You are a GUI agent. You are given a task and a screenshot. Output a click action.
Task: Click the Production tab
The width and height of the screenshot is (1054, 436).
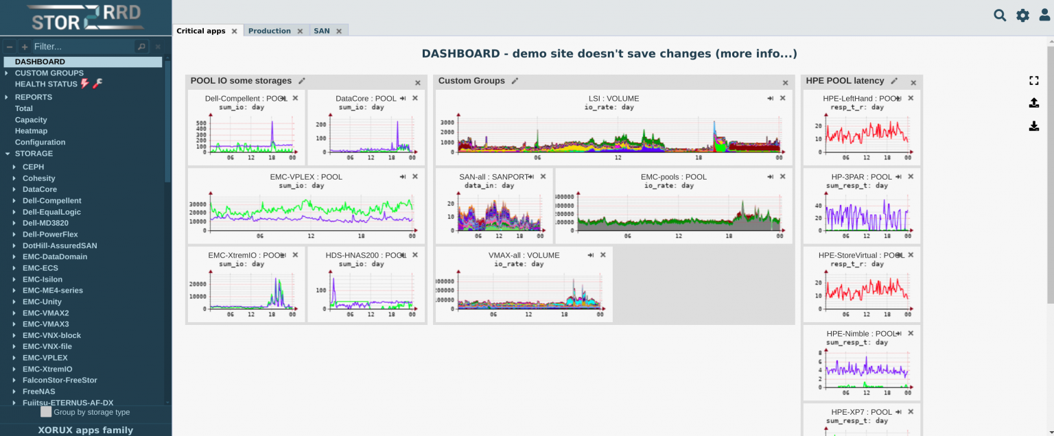(269, 31)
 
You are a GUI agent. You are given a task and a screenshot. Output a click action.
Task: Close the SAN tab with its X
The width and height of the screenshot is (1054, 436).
(339, 31)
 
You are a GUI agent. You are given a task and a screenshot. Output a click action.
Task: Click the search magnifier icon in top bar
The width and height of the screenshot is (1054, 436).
(1000, 15)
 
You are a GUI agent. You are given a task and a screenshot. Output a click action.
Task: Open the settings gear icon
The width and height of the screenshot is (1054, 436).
(1022, 15)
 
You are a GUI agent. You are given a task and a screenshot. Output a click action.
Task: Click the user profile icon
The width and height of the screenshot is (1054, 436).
(1044, 15)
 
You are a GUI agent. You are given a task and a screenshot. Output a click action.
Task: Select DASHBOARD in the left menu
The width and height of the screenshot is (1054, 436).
(40, 62)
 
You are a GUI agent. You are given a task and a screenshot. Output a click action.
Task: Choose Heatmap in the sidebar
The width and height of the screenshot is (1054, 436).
(31, 131)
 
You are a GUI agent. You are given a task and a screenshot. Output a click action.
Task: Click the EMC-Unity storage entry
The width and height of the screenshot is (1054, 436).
(42, 302)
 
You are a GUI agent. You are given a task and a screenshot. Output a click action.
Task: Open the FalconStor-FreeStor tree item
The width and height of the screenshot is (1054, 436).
(60, 380)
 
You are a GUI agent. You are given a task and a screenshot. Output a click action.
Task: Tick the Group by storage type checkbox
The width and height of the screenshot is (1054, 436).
(46, 412)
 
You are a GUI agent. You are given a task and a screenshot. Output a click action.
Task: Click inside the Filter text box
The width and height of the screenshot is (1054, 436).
(82, 47)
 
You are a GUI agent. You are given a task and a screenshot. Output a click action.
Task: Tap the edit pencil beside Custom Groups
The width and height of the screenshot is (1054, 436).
(515, 81)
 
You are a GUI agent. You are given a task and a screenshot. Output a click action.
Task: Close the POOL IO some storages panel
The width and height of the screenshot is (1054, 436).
(418, 83)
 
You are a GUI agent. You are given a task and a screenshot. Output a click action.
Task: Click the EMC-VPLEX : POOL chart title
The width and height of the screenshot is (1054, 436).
(306, 177)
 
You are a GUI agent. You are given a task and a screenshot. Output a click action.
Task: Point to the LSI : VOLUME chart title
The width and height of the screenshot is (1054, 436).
(613, 99)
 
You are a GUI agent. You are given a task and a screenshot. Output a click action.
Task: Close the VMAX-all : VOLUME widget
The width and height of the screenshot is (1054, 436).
(603, 255)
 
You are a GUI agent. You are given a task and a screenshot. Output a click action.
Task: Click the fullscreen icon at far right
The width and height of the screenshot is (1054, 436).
(1033, 80)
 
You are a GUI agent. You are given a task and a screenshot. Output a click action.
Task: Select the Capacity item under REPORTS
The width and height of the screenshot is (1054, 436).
(31, 120)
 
